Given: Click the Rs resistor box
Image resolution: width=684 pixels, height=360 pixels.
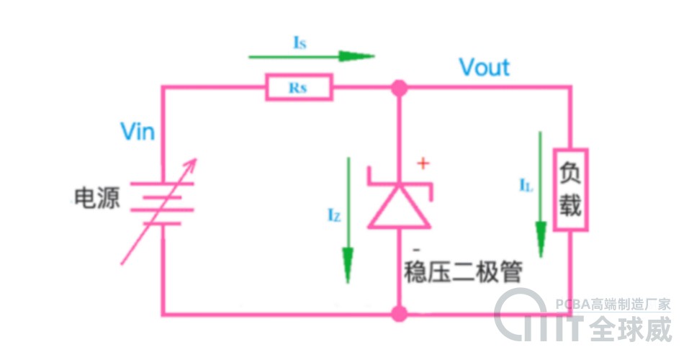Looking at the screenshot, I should click(299, 88).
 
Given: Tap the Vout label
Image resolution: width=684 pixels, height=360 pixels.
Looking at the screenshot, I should click(485, 68).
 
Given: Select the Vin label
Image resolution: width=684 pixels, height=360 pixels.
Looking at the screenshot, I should click(138, 132).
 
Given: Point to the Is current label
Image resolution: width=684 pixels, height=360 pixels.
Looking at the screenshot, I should click(300, 43).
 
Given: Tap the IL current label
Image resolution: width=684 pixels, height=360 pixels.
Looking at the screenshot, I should click(526, 185).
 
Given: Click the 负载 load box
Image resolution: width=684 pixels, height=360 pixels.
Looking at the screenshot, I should click(570, 189).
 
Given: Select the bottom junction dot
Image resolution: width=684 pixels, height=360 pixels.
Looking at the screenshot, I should click(398, 314).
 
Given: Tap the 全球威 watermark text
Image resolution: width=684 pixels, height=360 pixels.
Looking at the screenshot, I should click(631, 330).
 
